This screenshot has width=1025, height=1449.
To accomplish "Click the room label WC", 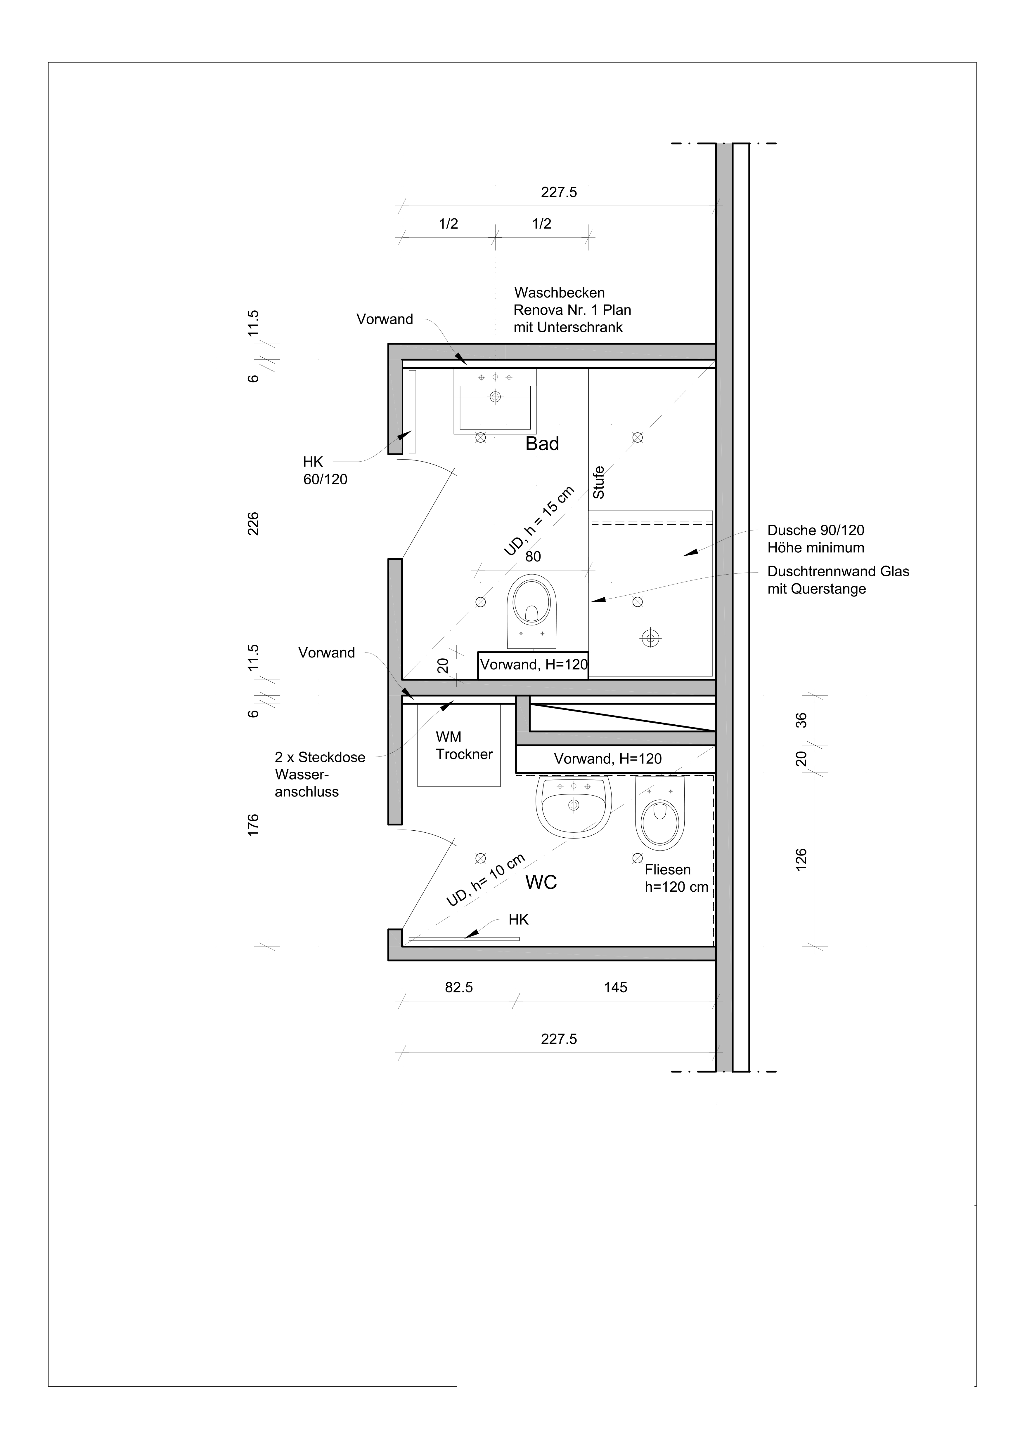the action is pyautogui.click(x=541, y=882).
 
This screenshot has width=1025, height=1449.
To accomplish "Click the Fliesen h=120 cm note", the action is pyautogui.click(x=676, y=878).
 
